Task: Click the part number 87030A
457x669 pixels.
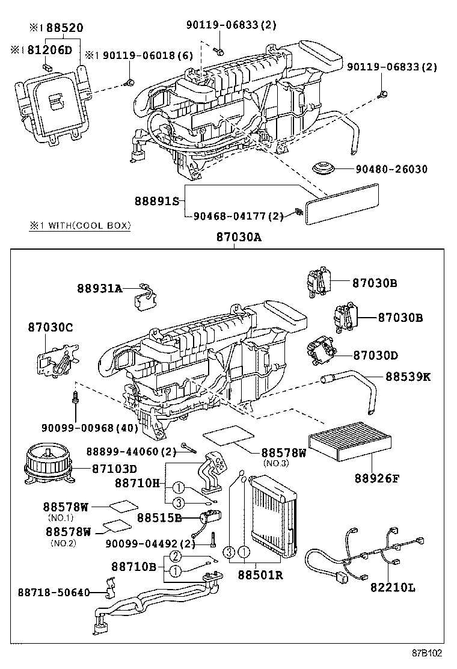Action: click(x=239, y=237)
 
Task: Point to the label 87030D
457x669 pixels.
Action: click(x=375, y=356)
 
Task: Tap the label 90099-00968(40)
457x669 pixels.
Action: click(x=90, y=428)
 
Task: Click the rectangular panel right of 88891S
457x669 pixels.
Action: click(x=343, y=205)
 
